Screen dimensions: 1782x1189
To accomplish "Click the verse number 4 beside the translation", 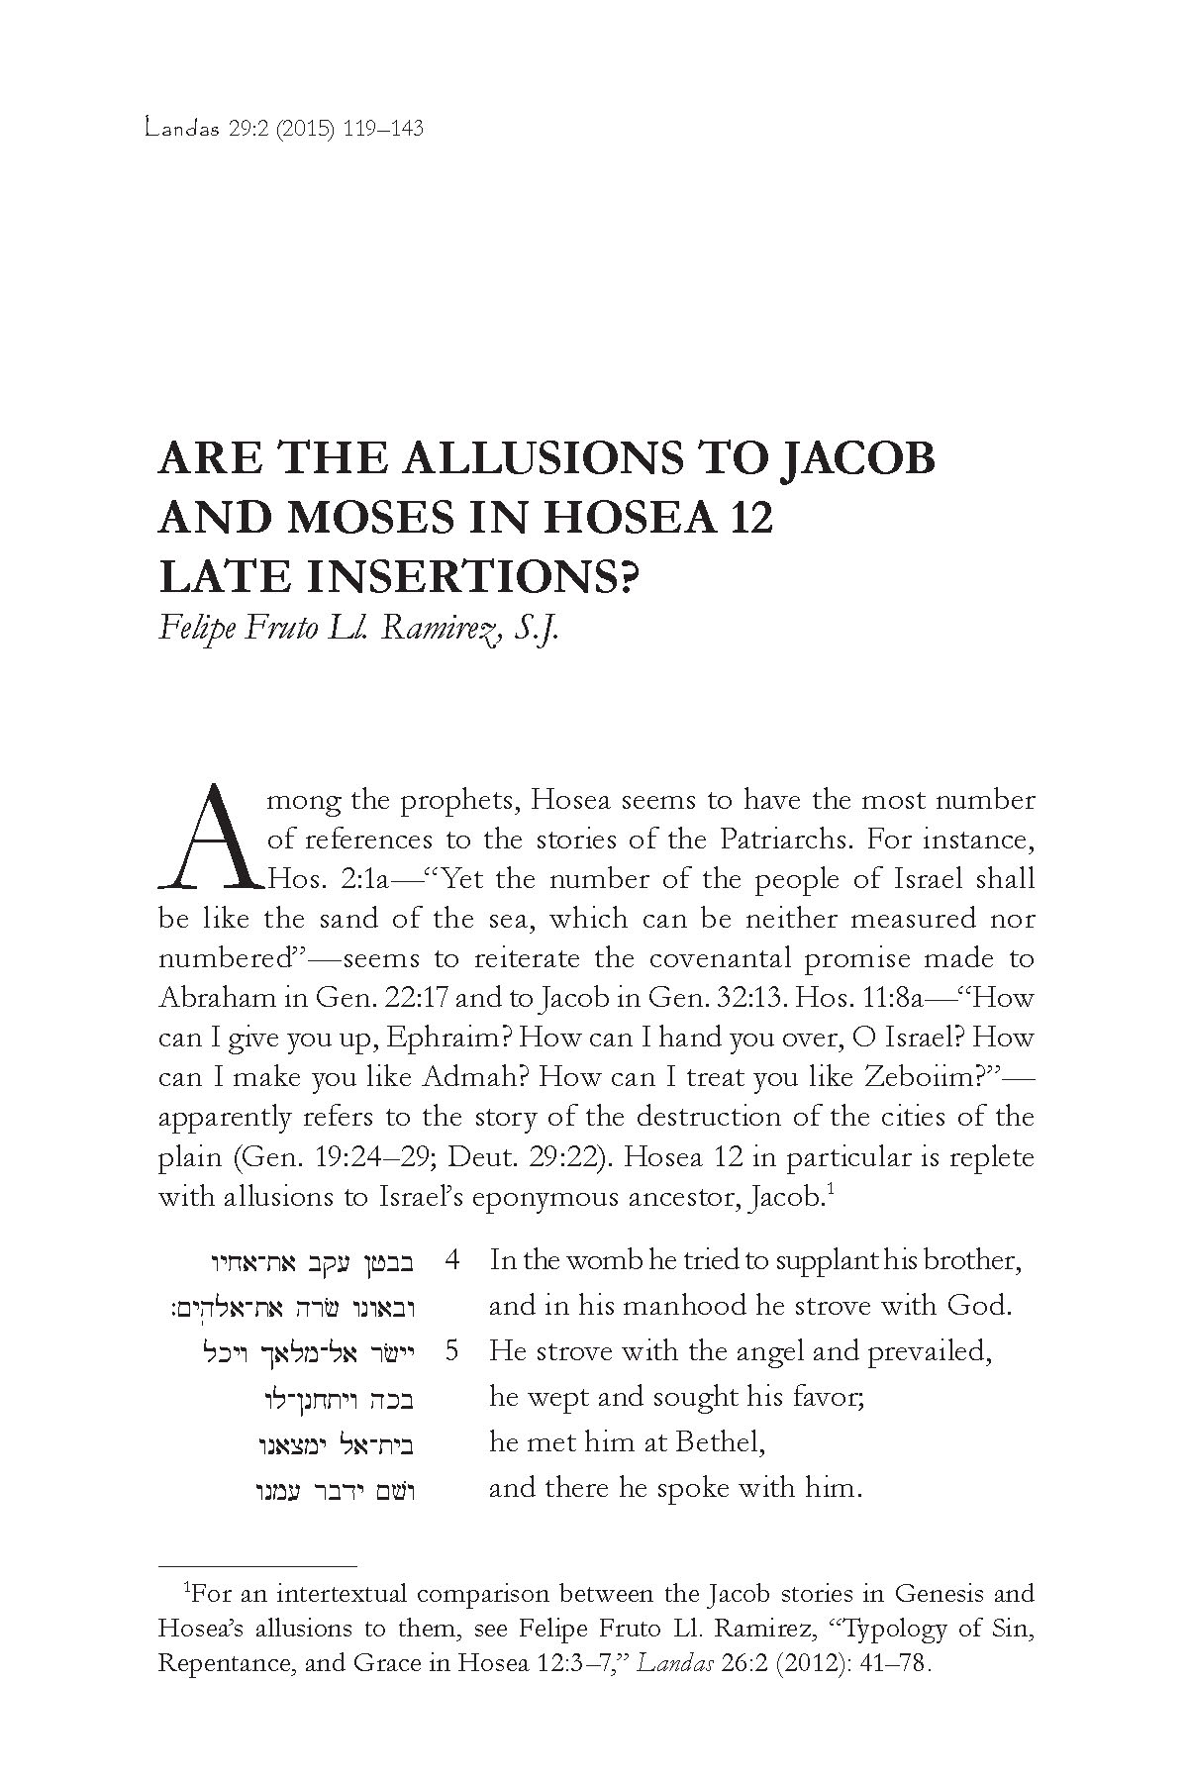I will pos(452,1260).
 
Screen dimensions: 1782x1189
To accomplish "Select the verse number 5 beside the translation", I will pos(452,1350).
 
